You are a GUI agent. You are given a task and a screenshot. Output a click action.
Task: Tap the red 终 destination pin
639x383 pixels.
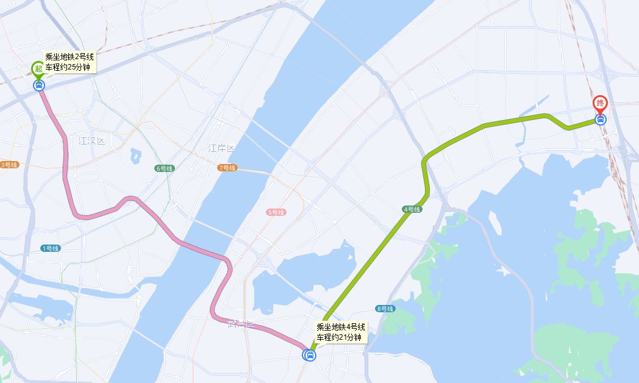(x=601, y=103)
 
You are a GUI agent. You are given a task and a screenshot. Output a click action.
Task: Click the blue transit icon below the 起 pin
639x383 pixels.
(x=39, y=85)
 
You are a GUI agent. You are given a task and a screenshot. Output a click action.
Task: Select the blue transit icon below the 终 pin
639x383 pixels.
(x=601, y=120)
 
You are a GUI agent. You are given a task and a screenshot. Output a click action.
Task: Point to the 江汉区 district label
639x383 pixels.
(x=91, y=141)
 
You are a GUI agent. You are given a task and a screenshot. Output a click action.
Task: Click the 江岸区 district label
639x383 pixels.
(x=221, y=148)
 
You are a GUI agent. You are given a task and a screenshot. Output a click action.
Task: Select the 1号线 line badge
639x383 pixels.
(x=50, y=248)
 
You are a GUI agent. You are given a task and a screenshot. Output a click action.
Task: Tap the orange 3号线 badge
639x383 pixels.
(x=9, y=165)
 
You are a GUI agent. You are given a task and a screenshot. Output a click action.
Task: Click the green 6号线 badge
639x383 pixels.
(x=165, y=168)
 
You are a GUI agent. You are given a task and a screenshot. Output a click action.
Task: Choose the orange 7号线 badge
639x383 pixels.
(x=226, y=167)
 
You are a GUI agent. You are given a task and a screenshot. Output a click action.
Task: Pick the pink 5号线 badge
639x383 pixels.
(x=276, y=212)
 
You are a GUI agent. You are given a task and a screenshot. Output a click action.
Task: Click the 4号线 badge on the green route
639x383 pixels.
(x=412, y=209)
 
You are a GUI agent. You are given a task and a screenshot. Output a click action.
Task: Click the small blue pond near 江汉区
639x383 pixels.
(x=135, y=156)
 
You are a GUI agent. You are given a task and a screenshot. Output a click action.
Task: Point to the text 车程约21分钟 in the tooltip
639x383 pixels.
(x=339, y=337)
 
